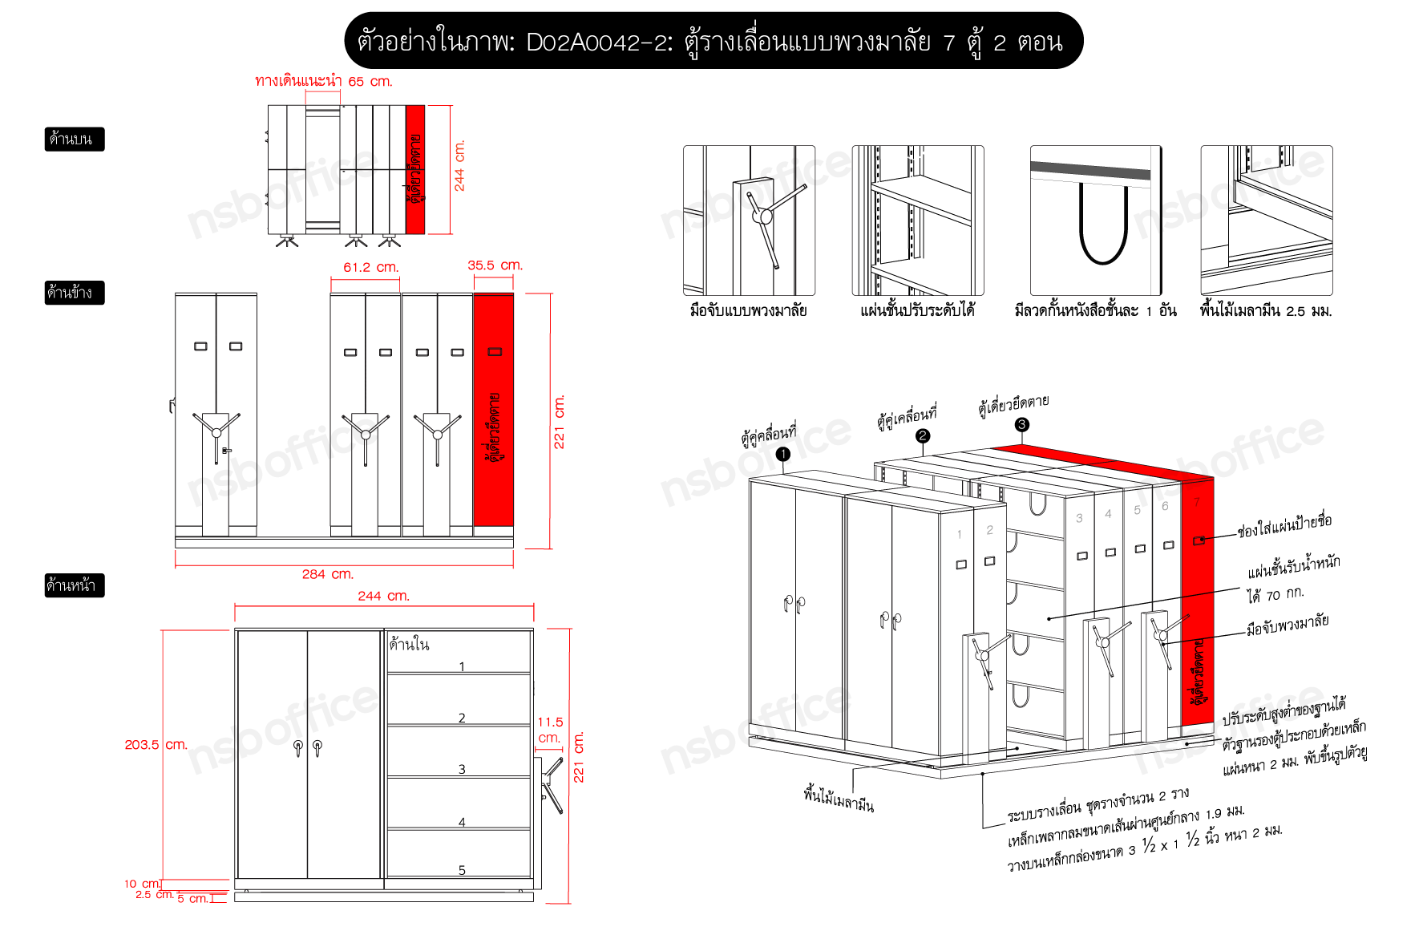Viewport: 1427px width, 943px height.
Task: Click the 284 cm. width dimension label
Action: [x=327, y=574]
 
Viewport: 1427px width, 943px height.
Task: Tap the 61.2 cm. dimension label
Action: [x=370, y=267]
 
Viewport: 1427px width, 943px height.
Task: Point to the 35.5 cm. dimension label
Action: [x=495, y=265]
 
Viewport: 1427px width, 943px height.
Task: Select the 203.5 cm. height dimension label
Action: [x=156, y=744]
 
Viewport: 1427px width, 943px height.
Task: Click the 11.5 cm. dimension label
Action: [x=550, y=730]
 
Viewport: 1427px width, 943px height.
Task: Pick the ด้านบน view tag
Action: [x=74, y=139]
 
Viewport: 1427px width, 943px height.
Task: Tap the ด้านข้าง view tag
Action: [x=74, y=293]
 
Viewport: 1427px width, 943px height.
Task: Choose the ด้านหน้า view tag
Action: [x=74, y=585]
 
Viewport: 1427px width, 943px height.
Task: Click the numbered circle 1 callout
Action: [x=783, y=454]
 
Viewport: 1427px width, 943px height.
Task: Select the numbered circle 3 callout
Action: [x=1021, y=424]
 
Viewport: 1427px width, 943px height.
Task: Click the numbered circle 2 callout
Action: [x=923, y=435]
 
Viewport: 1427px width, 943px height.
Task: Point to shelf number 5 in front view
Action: [x=462, y=870]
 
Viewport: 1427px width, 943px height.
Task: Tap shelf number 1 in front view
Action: [x=462, y=666]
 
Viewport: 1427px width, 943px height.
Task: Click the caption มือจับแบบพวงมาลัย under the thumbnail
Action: [x=749, y=310]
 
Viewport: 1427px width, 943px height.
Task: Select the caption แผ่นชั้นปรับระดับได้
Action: [x=917, y=310]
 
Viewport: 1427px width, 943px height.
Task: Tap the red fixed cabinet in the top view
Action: [x=415, y=169]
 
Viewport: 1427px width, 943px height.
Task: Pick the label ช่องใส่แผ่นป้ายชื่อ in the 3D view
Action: [x=1284, y=525]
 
